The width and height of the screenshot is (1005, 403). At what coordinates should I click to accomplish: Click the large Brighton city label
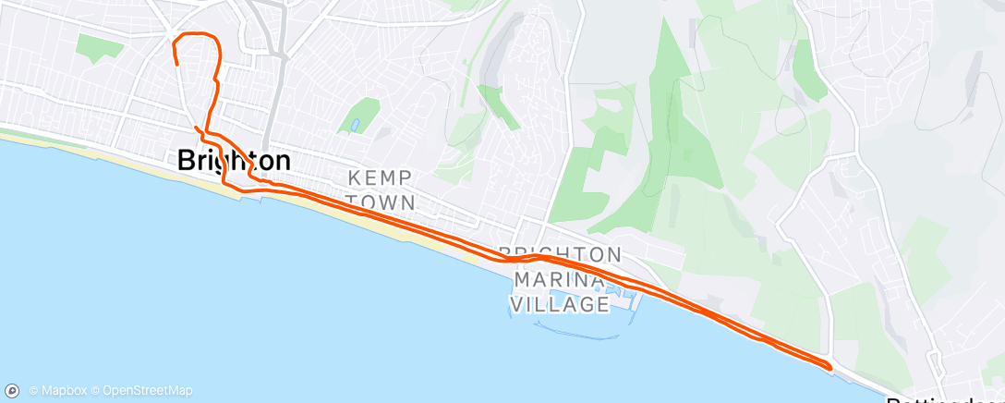pyautogui.click(x=234, y=161)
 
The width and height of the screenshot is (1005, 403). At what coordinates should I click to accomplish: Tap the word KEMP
pyautogui.click(x=380, y=177)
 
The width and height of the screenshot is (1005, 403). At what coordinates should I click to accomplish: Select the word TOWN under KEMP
pyautogui.click(x=380, y=201)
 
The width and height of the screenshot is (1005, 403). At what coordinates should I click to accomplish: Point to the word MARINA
pyautogui.click(x=558, y=278)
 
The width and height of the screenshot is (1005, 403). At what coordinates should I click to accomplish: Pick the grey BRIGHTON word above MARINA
pyautogui.click(x=558, y=253)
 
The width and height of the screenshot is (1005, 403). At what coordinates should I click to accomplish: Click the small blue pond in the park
pyautogui.click(x=354, y=125)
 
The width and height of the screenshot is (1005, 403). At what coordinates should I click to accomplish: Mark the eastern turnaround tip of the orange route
pyautogui.click(x=830, y=367)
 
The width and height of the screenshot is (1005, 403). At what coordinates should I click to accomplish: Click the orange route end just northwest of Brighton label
pyautogui.click(x=196, y=127)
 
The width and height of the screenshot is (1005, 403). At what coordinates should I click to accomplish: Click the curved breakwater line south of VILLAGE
pyautogui.click(x=563, y=328)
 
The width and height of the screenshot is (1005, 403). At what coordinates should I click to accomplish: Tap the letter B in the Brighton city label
pyautogui.click(x=186, y=161)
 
